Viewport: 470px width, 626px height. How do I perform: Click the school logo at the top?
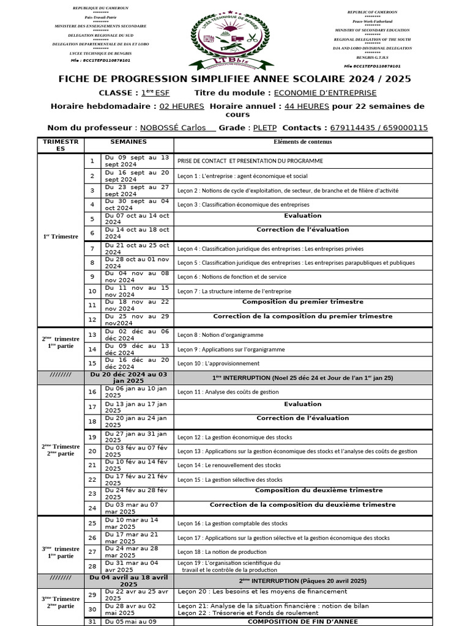235,40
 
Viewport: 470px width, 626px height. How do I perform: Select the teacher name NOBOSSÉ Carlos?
177,128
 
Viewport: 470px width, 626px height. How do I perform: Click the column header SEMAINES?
129,141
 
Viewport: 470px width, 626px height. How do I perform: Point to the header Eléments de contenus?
303,142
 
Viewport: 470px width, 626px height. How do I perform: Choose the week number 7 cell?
92,249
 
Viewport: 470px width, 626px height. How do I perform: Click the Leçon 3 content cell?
243,204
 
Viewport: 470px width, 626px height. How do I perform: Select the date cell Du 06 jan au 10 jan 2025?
136,392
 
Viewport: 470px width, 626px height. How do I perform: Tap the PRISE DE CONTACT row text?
250,161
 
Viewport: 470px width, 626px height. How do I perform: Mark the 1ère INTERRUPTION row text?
302,378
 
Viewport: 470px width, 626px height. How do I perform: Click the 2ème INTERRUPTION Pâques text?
302,580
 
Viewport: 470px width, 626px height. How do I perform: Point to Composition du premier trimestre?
302,302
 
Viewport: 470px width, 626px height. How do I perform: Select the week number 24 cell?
92,508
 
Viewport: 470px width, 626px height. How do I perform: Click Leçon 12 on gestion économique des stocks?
234,437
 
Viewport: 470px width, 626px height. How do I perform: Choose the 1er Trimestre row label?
61,236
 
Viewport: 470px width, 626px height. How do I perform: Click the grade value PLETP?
264,128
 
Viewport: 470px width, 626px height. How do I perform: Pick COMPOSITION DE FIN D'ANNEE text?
302,621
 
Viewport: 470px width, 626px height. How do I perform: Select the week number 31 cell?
92,622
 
